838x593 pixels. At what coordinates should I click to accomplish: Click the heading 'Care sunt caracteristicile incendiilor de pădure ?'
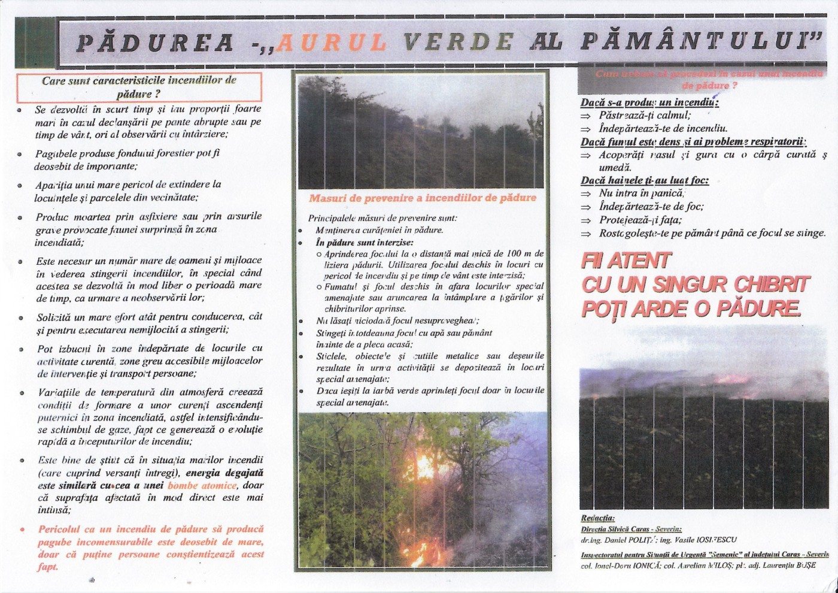pyautogui.click(x=139, y=87)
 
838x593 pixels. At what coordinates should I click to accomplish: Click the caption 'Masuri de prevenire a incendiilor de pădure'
pyautogui.click(x=423, y=198)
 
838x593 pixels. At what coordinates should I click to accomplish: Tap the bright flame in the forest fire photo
pyautogui.click(x=426, y=467)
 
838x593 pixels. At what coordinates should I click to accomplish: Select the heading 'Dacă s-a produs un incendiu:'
pyautogui.click(x=649, y=102)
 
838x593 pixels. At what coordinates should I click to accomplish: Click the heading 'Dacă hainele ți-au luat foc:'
pyautogui.click(x=645, y=180)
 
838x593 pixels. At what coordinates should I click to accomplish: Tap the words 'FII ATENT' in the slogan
pyautogui.click(x=626, y=261)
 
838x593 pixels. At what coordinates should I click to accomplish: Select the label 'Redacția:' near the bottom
pyautogui.click(x=597, y=518)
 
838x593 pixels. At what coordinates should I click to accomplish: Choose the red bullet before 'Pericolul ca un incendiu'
pyautogui.click(x=23, y=530)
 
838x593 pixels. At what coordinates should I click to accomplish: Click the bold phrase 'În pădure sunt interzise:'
pyautogui.click(x=364, y=243)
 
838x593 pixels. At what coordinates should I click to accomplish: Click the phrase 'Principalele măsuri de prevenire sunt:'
pyautogui.click(x=382, y=218)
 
